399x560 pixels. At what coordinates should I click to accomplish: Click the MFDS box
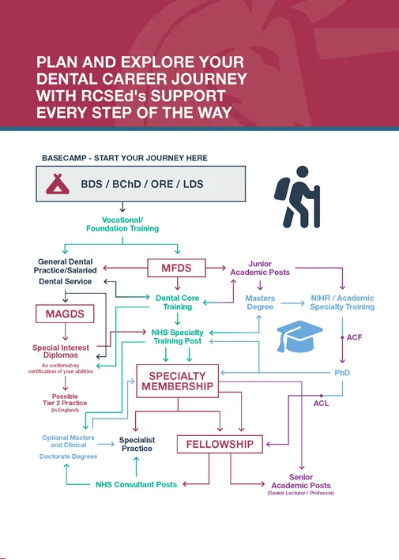(176, 268)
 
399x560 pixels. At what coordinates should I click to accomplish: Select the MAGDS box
(65, 314)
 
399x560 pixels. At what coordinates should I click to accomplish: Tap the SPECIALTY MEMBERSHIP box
(177, 381)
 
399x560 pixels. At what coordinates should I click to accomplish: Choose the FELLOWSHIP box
(220, 444)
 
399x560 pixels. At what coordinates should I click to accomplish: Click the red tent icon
(58, 184)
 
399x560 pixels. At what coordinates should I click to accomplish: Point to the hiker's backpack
(281, 188)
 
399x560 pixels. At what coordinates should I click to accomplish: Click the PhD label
(342, 373)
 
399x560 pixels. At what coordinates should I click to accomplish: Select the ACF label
(354, 337)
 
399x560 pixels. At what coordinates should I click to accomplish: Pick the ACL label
(321, 403)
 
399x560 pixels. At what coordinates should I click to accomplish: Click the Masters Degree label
(260, 303)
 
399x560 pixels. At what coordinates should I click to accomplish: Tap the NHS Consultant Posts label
(136, 485)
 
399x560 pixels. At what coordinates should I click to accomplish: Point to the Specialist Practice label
(137, 444)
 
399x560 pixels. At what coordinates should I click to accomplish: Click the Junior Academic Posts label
(260, 268)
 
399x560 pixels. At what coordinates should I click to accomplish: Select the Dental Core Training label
(177, 303)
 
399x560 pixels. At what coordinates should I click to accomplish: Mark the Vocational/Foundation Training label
(122, 224)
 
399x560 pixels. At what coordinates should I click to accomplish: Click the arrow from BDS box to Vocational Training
(122, 207)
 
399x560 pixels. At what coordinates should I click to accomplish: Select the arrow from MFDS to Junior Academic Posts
(216, 268)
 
